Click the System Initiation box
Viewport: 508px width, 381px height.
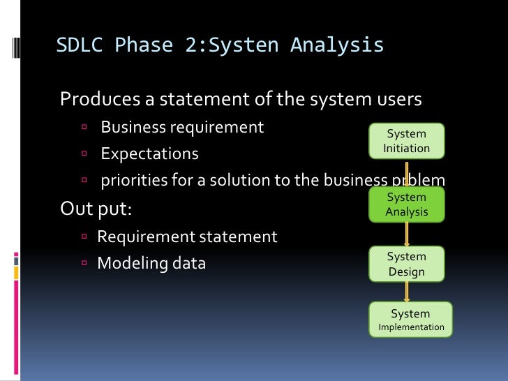coord(407,141)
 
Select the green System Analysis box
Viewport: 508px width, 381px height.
coord(407,204)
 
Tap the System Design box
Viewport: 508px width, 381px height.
coord(407,264)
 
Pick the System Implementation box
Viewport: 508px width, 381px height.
coord(411,320)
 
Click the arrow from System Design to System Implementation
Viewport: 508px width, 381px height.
coord(408,292)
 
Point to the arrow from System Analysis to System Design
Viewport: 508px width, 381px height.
coord(408,234)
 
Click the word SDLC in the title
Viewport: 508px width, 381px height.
coord(79,45)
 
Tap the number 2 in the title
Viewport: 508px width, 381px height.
coord(192,45)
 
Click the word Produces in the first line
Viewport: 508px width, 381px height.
coord(99,100)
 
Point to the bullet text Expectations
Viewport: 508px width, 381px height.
coord(149,154)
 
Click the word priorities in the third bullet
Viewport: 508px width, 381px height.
coord(132,181)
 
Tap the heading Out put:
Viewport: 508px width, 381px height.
coord(100,209)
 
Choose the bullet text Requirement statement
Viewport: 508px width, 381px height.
coord(187,237)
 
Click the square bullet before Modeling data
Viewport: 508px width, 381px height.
coord(83,264)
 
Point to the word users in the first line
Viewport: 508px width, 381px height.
coord(396,100)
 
